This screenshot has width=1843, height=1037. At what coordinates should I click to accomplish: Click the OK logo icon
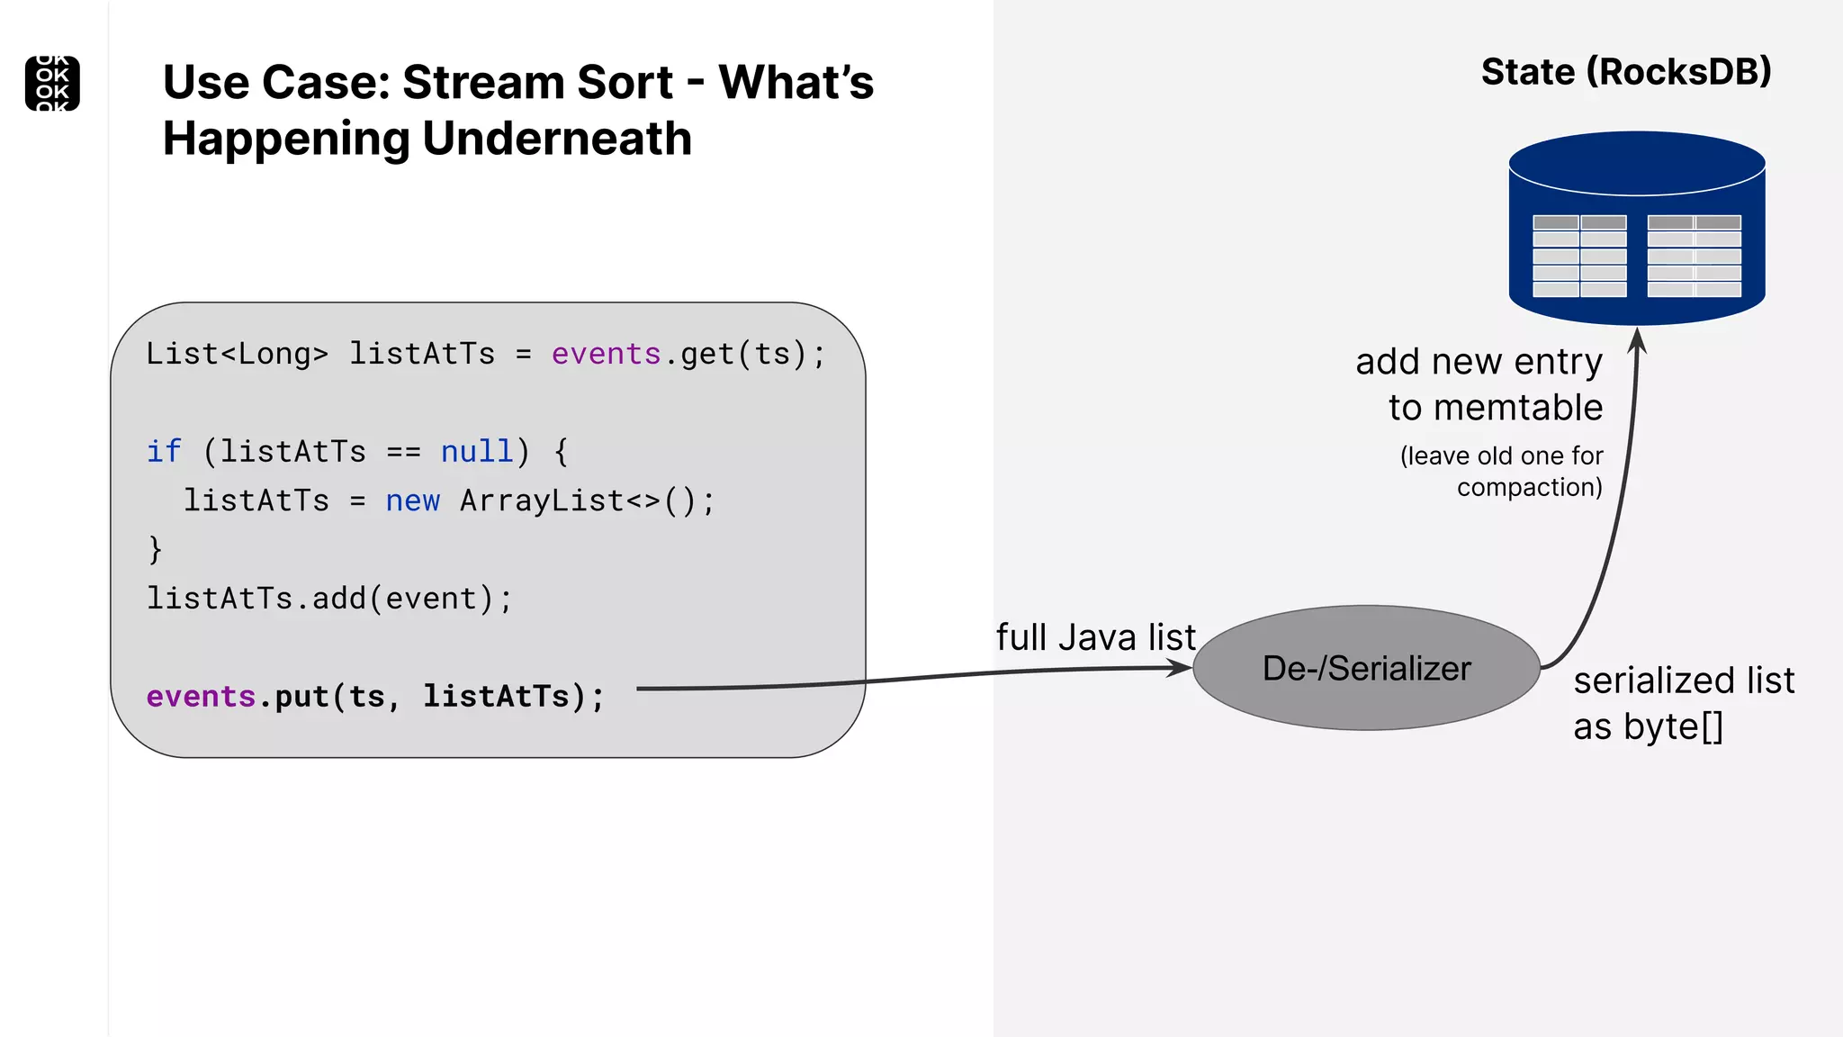[x=52, y=84]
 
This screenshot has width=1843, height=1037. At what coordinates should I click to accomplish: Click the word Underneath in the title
[x=557, y=140]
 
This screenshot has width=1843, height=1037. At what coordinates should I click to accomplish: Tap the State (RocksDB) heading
[x=1626, y=72]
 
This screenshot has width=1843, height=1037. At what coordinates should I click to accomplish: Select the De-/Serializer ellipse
[x=1366, y=668]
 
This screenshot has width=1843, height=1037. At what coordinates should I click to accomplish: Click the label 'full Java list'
[x=1095, y=637]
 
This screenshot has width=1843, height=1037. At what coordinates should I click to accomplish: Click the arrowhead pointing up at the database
[x=1638, y=339]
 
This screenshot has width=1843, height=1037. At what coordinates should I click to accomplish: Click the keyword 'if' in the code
[x=164, y=451]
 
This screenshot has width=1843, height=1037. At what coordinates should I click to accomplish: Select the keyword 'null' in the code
[x=477, y=451]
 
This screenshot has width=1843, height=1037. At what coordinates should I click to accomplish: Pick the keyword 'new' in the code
[x=412, y=500]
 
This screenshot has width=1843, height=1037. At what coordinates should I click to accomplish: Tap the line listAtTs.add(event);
[x=329, y=599]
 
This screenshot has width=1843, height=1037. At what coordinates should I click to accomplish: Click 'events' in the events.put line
[x=201, y=697]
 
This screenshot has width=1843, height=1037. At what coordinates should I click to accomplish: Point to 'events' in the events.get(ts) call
[x=606, y=354]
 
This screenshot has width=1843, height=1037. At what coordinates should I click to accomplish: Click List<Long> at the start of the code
[x=237, y=354]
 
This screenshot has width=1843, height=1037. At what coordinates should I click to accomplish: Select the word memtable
[x=1517, y=408]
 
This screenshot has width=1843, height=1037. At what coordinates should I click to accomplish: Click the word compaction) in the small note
[x=1529, y=487]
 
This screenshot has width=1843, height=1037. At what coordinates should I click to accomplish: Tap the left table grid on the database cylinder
[x=1579, y=256]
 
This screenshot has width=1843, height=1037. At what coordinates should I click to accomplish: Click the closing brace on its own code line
[x=155, y=549]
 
